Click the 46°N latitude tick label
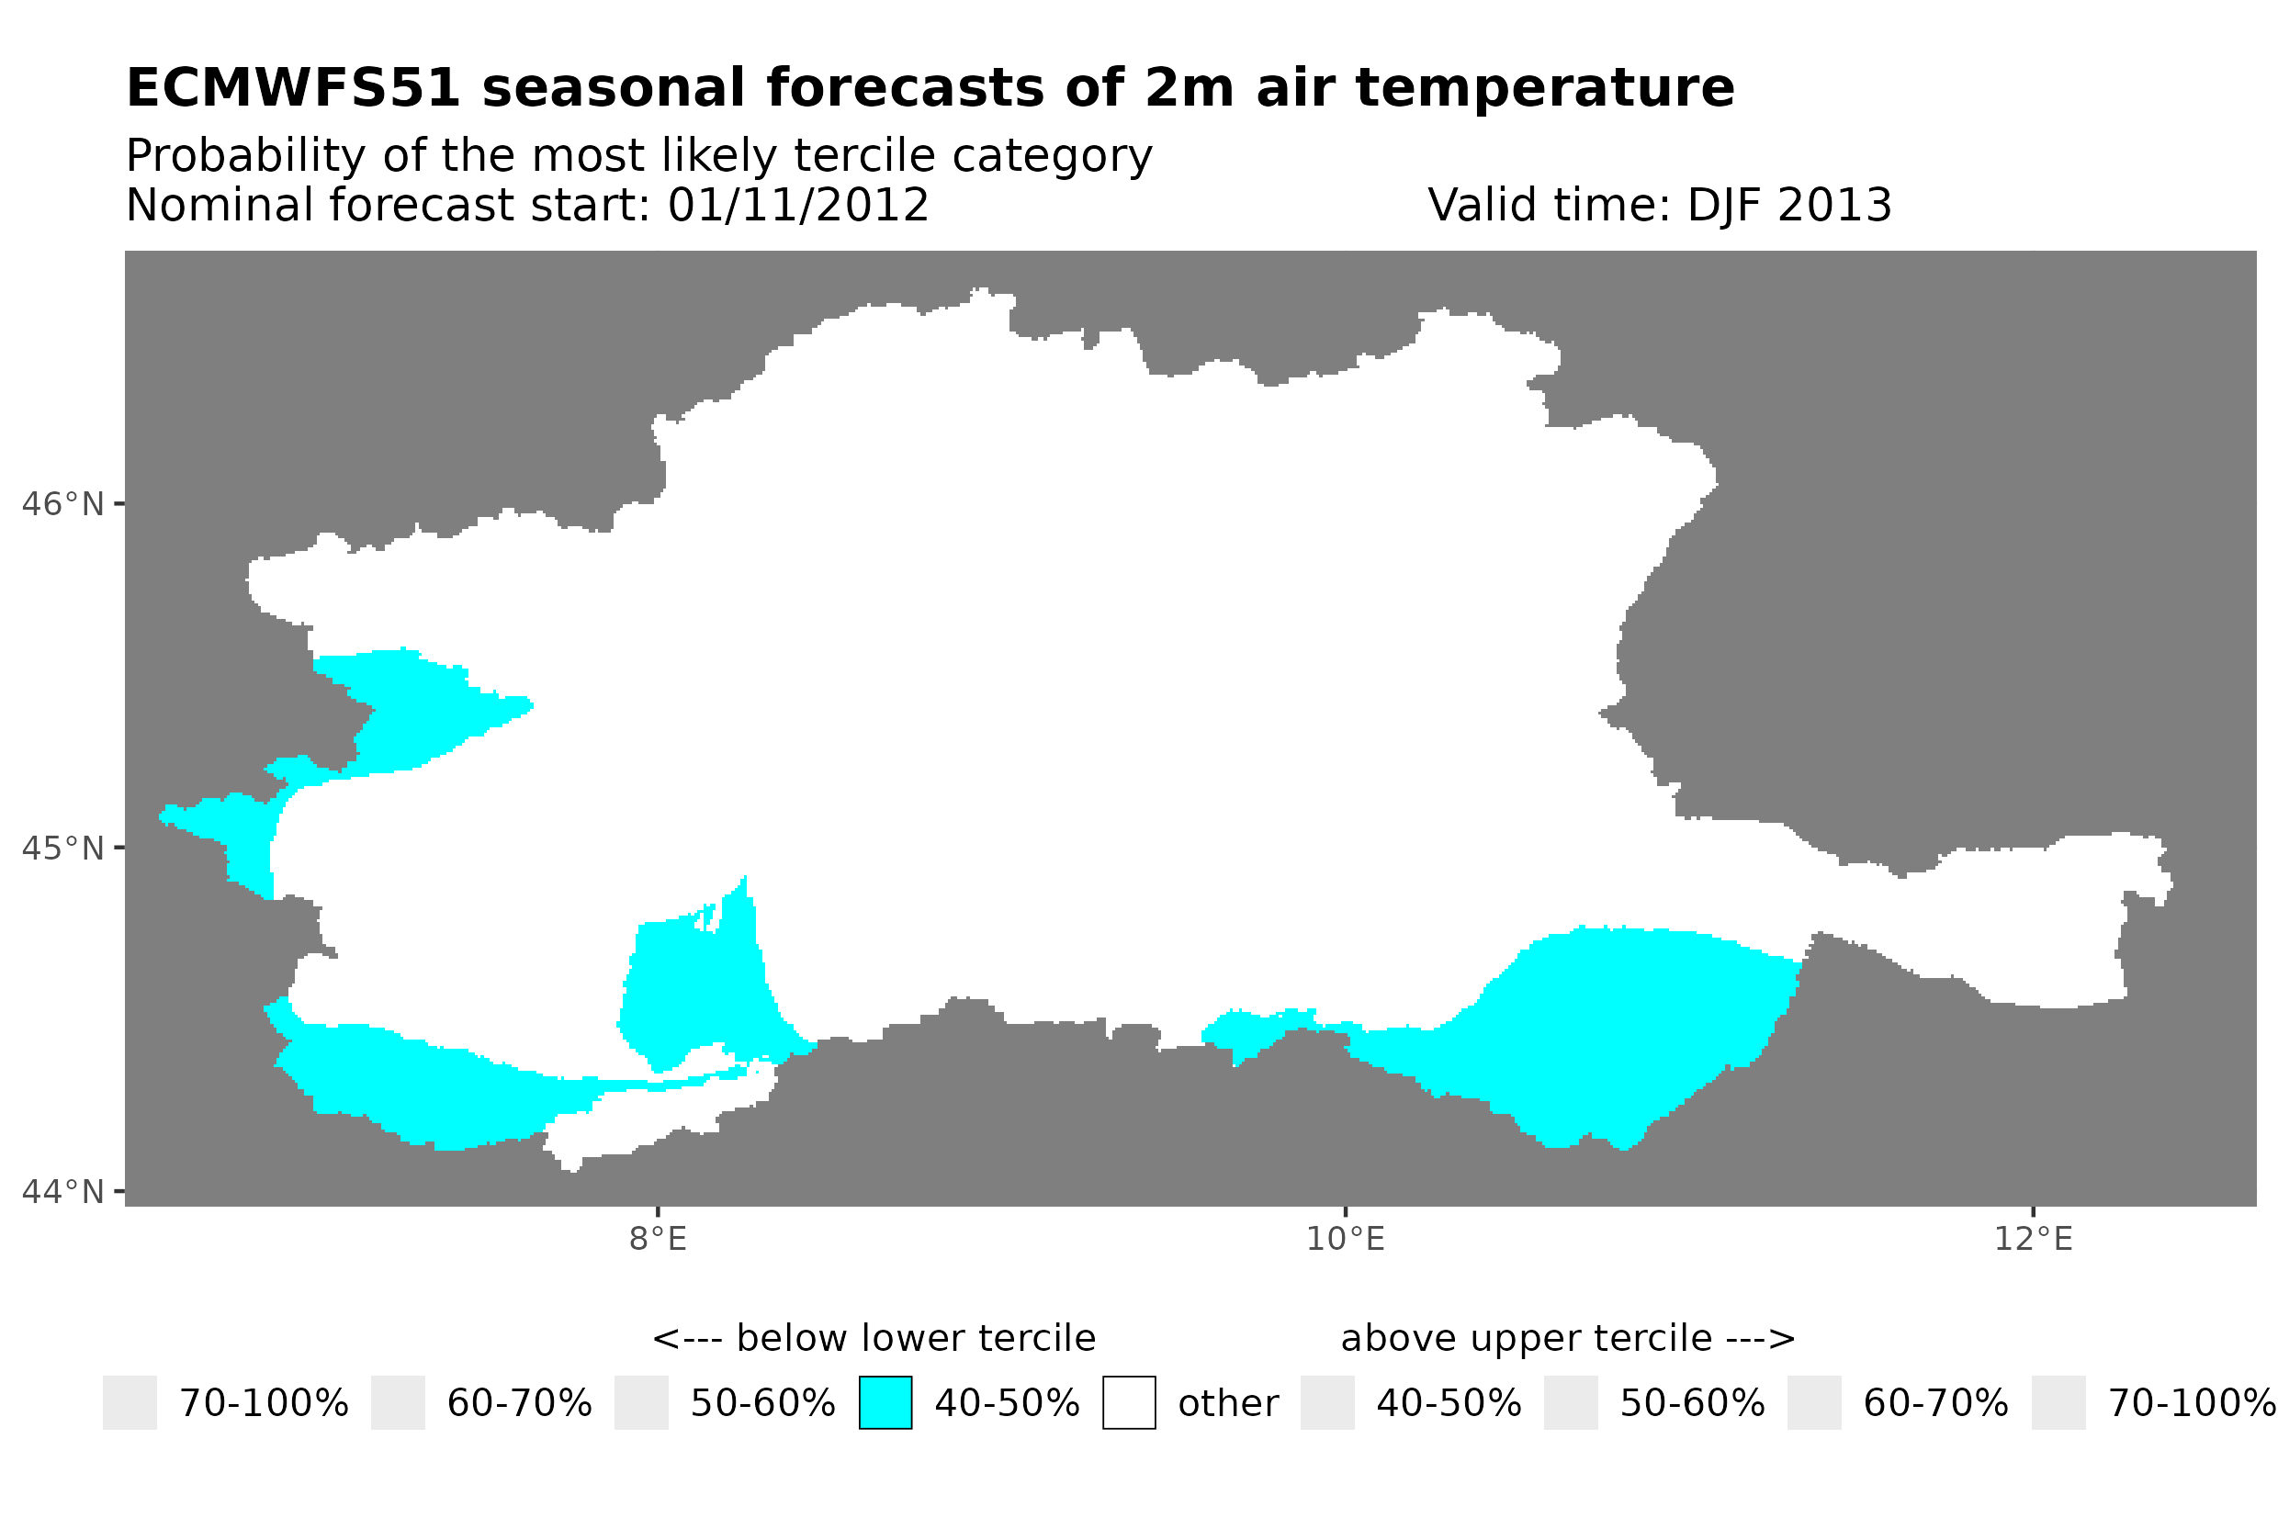click(62, 504)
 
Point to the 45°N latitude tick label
click(62, 848)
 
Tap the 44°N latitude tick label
click(62, 1192)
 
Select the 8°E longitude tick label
click(658, 1239)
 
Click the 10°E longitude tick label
click(1345, 1239)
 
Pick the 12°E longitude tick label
click(2033, 1239)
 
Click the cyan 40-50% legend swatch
click(885, 1403)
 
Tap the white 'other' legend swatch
click(1129, 1403)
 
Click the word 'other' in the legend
click(1227, 1404)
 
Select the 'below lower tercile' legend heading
click(874, 1339)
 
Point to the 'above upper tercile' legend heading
click(1567, 1339)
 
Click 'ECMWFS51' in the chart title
click(293, 88)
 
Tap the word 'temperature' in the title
click(1543, 88)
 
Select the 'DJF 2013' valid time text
click(1788, 205)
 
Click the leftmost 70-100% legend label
click(264, 1404)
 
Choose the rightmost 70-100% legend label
click(2192, 1404)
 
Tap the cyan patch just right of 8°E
click(697, 987)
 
